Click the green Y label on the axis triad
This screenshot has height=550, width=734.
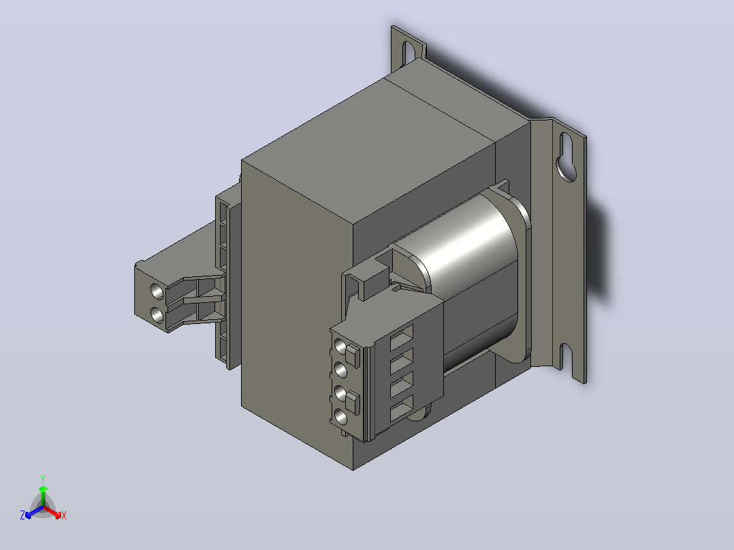tap(43, 479)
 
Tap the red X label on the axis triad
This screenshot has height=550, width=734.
tap(64, 515)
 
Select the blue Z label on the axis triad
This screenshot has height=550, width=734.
tap(22, 515)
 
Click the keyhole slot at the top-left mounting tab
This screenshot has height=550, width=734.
tap(409, 53)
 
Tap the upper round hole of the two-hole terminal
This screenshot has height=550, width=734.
tap(157, 291)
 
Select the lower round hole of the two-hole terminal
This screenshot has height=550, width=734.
tap(158, 314)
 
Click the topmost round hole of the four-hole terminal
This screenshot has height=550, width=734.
tap(340, 347)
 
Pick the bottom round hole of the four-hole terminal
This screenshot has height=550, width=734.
tap(341, 417)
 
